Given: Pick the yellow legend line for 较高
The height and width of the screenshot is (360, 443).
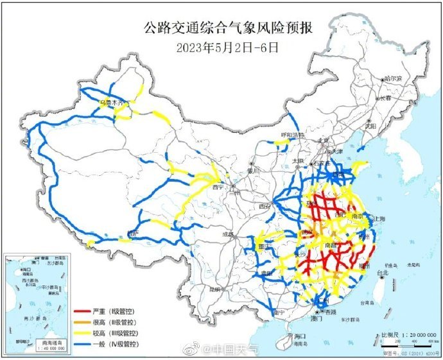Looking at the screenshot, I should pyautogui.click(x=82, y=334).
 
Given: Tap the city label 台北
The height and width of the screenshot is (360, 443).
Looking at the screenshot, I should pyautogui.click(x=382, y=273).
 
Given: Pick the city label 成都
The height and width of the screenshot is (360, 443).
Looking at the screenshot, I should pyautogui.click(x=228, y=235).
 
